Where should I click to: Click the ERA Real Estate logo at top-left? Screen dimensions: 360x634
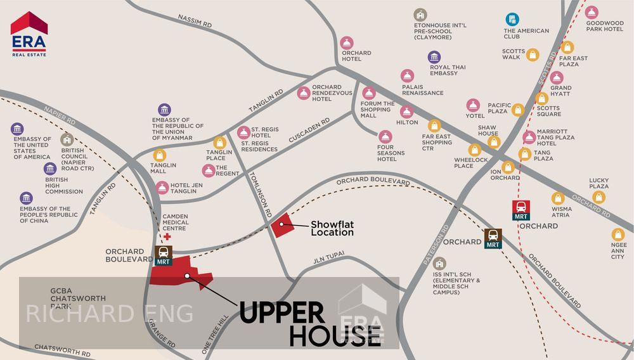point(29,34)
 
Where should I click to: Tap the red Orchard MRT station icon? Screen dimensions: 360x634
point(521,210)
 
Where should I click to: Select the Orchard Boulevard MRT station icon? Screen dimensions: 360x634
point(163,255)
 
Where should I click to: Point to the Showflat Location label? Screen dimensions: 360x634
point(332,228)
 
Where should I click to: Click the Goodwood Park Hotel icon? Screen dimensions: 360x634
point(592,13)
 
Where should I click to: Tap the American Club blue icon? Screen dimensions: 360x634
point(512,20)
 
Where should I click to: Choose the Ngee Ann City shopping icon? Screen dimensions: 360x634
point(618,235)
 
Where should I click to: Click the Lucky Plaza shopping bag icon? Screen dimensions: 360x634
point(598,197)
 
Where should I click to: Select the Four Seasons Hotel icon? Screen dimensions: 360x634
point(385,136)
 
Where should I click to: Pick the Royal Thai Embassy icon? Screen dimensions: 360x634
point(434,57)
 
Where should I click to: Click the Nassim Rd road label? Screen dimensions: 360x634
point(195,21)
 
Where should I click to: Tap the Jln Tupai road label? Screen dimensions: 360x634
point(329,261)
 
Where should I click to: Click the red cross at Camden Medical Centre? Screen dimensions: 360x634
point(168,237)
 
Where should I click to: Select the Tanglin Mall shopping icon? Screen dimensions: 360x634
point(159,155)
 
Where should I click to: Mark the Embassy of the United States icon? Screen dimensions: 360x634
point(17,129)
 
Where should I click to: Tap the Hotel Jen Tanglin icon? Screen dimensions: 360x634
point(162,188)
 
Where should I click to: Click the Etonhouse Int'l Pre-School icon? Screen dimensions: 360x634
point(420,15)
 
